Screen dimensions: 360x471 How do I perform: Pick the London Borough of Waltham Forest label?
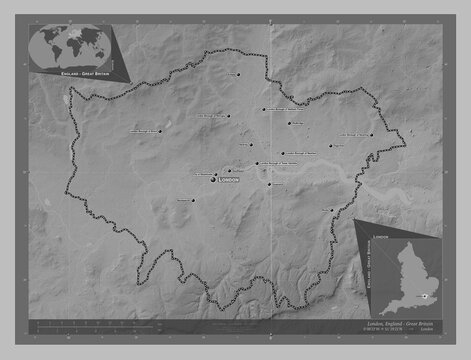coord(281,109)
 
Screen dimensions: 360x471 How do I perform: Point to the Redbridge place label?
coord(297,123)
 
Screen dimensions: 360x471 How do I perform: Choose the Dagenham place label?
coord(338,146)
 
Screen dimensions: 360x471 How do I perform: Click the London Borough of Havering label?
coord(355,133)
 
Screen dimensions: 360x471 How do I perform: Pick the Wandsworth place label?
coord(182,200)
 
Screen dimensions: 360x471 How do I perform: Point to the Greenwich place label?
coord(276,184)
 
